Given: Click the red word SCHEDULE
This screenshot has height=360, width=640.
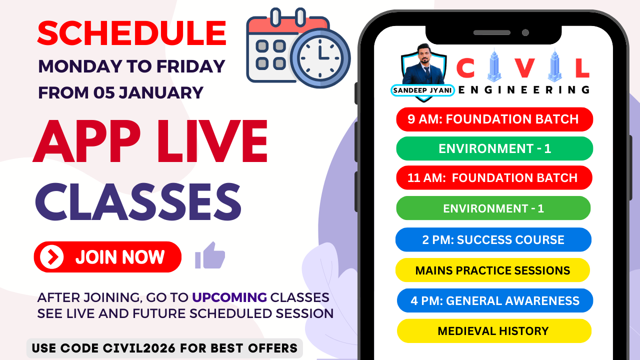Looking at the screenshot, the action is coord(131,33).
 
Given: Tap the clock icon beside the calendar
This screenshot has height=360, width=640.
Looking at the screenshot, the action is coord(320,58).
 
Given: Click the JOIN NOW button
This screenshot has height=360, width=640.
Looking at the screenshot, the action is coord(107,257).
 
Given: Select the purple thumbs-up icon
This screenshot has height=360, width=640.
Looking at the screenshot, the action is coord(210,255).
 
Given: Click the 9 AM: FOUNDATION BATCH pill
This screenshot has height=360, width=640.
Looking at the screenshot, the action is coord(494,119).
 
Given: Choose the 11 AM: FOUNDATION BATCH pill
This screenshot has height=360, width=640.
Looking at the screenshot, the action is coord(494,177).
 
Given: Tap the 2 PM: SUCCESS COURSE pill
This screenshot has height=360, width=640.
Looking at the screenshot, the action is coord(493,239).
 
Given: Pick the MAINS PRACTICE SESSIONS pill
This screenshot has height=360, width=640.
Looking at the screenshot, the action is coord(493,270).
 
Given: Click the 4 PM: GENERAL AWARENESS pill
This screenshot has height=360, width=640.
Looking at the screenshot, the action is coord(495,300).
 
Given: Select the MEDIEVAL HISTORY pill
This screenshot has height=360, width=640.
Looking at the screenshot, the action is coord(494,331).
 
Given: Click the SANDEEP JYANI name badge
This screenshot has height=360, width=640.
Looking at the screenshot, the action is coord(422,90).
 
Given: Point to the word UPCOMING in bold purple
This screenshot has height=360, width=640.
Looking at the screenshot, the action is coord(229,297).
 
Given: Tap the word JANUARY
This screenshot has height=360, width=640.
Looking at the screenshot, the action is coord(161,93).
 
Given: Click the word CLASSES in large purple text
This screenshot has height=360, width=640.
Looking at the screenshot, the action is coord(138,201).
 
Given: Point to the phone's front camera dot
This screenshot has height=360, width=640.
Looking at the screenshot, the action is coord(525,32).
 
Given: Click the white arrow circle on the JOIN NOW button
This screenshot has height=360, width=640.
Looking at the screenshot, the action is coord(51,257).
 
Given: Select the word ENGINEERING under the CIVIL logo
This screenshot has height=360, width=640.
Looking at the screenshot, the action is coord(524,90).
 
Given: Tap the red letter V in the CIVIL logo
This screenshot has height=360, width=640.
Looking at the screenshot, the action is coord(525,68).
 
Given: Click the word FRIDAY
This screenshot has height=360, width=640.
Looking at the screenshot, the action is coord(190,66).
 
